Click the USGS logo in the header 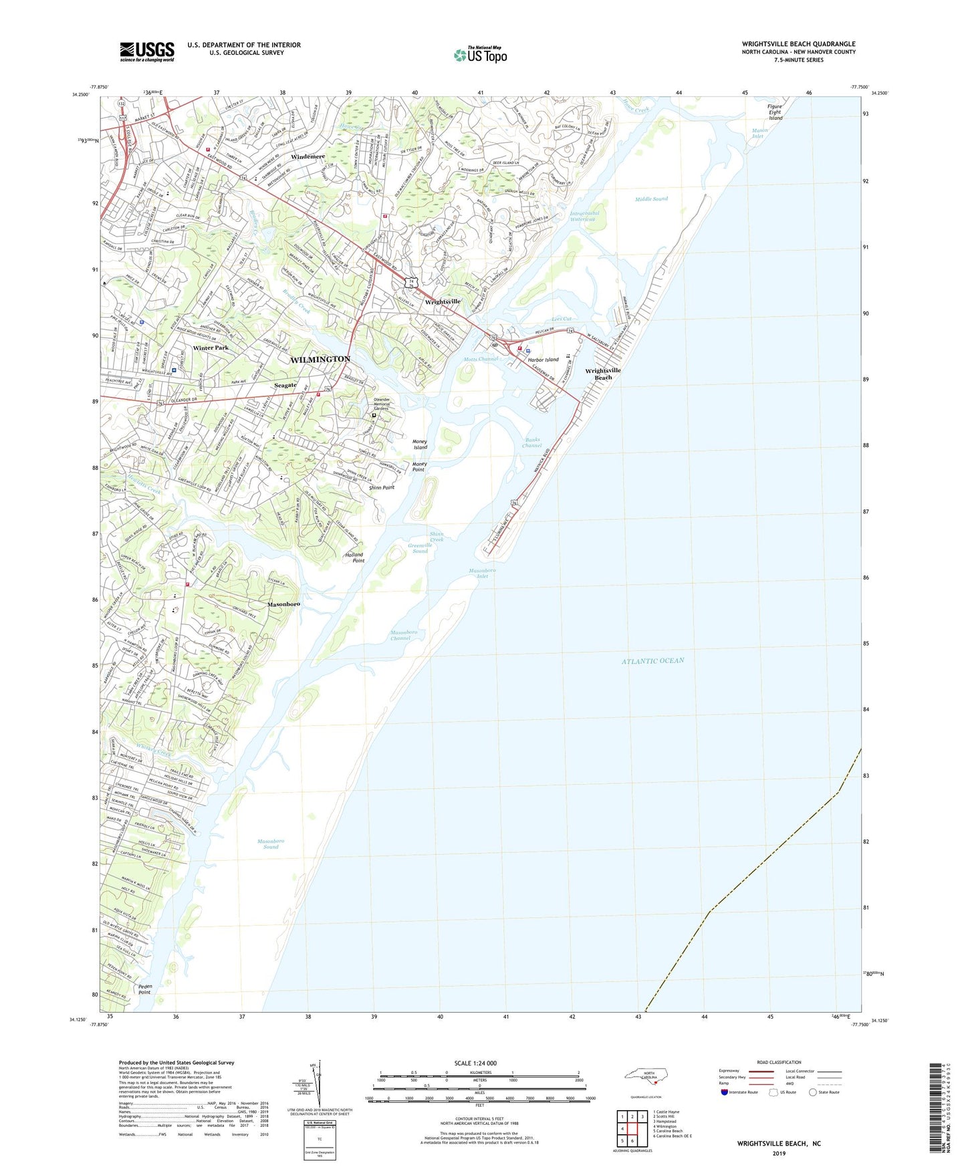point(147,51)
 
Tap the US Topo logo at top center point(480,54)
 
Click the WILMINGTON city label point(320,360)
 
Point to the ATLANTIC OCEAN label point(652,661)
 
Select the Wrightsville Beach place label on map point(603,374)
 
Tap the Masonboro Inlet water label point(482,573)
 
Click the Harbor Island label point(543,360)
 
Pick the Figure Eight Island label point(775,112)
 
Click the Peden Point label point(145,989)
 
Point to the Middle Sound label point(651,199)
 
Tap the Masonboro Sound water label point(271,844)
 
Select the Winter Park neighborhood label point(211,348)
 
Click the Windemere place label point(308,157)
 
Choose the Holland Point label point(354,557)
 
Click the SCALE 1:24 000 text point(475,1063)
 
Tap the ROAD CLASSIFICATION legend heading point(779,1062)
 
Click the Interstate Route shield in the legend point(725,1092)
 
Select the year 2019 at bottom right point(779,1154)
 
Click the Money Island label point(420,444)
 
